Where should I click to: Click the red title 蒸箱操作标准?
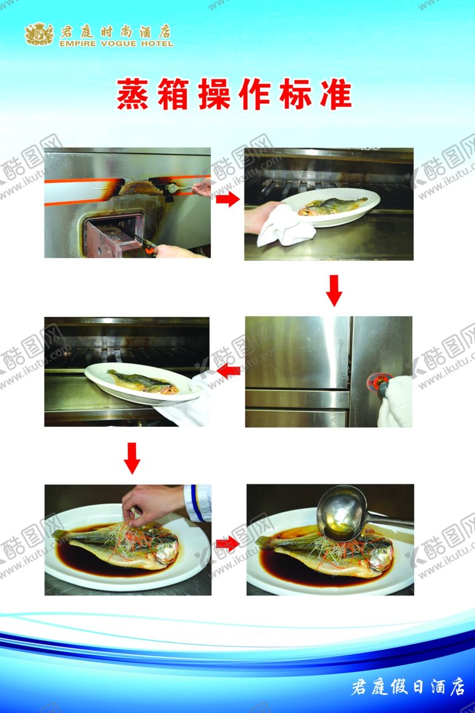point(234,94)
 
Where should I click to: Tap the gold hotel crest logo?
point(39,34)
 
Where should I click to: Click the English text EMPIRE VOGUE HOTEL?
point(116,43)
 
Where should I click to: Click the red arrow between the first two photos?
point(227,199)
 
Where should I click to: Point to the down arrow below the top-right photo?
point(334,290)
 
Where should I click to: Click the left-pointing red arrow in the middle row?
point(228,372)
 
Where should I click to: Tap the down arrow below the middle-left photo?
point(132,459)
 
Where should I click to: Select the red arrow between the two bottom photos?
point(228,544)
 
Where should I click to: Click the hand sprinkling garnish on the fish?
point(152,503)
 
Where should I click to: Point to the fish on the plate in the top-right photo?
point(332,207)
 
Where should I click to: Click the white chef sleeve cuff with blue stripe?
point(197,503)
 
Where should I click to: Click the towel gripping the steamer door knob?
point(396,402)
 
